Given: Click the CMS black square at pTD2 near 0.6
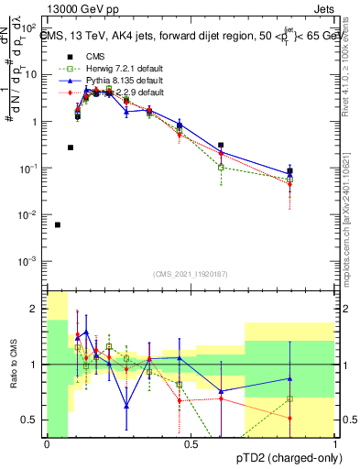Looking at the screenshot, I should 222,145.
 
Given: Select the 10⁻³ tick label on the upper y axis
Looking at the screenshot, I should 30,261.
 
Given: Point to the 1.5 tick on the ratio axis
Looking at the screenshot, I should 34,336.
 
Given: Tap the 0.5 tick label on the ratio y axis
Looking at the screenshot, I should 34,420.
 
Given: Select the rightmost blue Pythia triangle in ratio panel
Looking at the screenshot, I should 289,378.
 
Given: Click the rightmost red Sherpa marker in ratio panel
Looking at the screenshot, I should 289,419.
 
